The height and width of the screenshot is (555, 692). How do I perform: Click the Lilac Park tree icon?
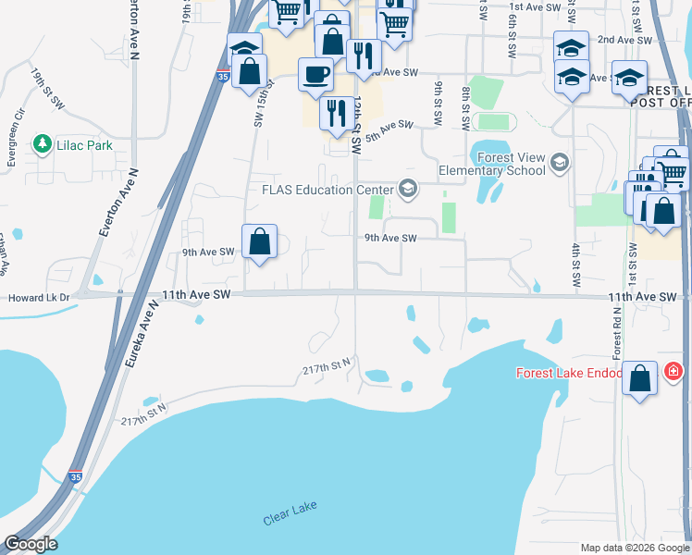42,144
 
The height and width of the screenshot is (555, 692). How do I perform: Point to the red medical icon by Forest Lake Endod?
673,372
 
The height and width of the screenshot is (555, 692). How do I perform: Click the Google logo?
31,544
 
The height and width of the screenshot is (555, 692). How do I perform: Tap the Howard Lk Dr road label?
38,298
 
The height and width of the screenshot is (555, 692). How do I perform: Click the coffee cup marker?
315,73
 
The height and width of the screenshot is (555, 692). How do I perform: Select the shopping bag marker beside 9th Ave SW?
260,242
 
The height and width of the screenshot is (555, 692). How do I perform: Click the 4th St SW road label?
575,265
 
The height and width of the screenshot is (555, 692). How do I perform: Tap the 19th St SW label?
44,84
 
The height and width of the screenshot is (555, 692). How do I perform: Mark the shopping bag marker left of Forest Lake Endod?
639,379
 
